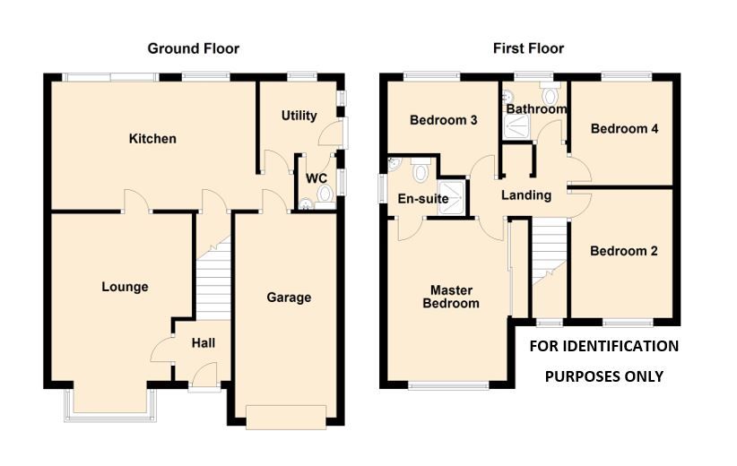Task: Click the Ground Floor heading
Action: point(194,48)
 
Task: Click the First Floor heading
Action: point(528,48)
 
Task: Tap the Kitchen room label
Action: point(152,139)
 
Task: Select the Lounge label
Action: point(125,287)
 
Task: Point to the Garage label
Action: point(289,298)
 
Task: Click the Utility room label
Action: point(299,116)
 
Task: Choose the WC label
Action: point(316,178)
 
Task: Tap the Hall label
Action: point(204,343)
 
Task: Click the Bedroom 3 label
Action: point(443,120)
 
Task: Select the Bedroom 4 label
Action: point(625,129)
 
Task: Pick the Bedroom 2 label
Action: point(624,251)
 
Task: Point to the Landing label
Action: point(526,195)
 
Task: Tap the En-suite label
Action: point(424,199)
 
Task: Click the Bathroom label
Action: point(536,109)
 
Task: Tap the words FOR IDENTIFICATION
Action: point(603,346)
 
